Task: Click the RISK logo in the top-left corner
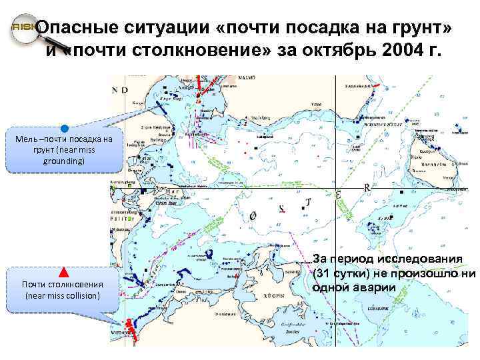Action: point(21,30)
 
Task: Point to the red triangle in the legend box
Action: point(63,272)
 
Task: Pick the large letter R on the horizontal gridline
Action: point(367,188)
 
